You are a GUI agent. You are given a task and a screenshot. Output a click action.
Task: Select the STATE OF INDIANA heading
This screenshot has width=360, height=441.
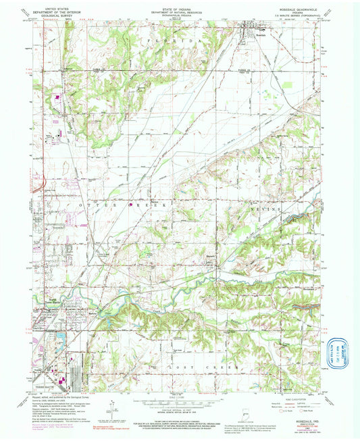click(x=179, y=7)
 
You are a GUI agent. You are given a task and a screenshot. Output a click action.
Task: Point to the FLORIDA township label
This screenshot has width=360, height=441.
click(x=174, y=42)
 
